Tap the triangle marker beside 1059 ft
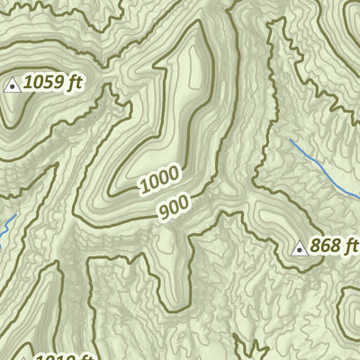(13, 85)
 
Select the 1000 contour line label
(159, 180)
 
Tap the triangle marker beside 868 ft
(300, 247)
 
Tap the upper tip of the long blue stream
(291, 139)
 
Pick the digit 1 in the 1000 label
(144, 189)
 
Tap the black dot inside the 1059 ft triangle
(13, 86)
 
